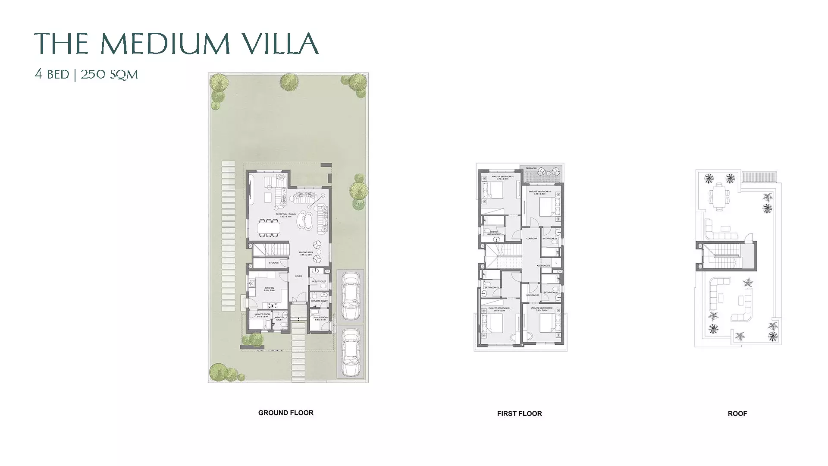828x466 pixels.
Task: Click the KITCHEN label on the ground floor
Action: [270, 288]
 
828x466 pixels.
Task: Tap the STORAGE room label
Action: [273, 262]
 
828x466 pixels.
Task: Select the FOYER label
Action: [298, 276]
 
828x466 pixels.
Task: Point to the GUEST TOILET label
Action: [319, 281]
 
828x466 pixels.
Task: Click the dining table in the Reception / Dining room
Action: [269, 227]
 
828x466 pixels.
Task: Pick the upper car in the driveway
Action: [350, 296]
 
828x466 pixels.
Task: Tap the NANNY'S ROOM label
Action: [262, 315]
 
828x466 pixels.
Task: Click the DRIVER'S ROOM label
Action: [320, 318]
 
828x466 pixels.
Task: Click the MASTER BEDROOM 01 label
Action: [502, 176]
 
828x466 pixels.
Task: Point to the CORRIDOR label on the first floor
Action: [532, 239]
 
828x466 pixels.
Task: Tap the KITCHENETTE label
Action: [543, 265]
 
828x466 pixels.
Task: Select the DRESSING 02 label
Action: [533, 295]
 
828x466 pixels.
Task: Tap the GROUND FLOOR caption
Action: [285, 412]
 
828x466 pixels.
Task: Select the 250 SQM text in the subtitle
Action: [109, 75]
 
